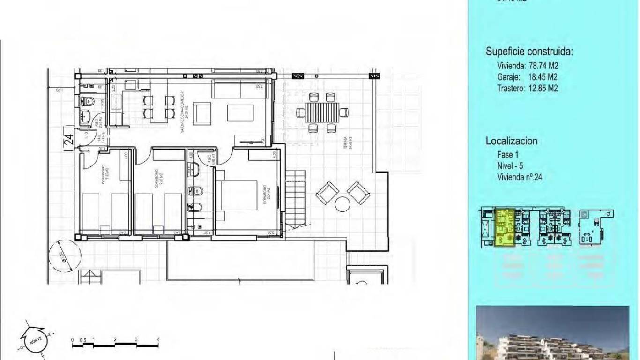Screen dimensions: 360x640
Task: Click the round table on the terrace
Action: tap(343, 204)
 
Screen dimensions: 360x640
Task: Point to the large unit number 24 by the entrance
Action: tap(68, 139)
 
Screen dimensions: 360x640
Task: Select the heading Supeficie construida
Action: tap(529, 52)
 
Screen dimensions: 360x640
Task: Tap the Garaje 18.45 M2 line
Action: tap(527, 77)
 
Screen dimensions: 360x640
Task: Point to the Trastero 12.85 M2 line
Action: tap(527, 88)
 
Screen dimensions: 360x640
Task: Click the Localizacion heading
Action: tap(512, 141)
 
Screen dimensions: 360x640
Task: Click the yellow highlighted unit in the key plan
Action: tap(505, 228)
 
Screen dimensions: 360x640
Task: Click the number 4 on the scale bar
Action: tap(158, 339)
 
